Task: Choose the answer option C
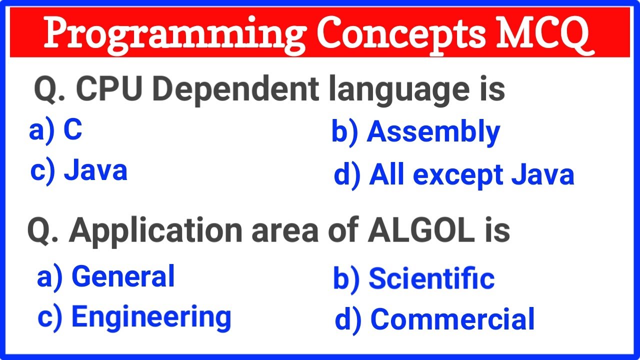point(72,130)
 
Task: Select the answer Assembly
point(433,133)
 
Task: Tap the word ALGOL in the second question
point(420,230)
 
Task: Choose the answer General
point(123,277)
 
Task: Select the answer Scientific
point(431,278)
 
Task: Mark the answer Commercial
point(452,319)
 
